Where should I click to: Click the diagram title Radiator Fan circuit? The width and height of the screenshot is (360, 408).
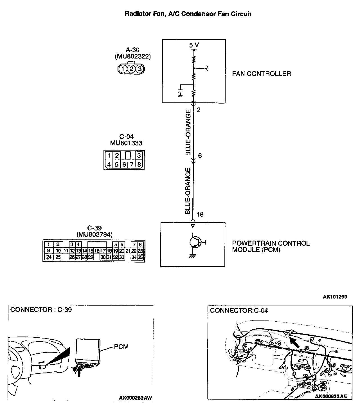(x=188, y=14)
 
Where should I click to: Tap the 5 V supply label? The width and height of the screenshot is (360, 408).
(x=194, y=45)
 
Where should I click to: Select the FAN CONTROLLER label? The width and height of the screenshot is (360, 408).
(x=262, y=74)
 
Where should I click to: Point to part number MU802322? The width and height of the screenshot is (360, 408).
(x=133, y=56)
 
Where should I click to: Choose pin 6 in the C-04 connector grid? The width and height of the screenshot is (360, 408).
(x=124, y=164)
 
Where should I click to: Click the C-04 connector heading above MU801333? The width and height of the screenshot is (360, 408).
(x=126, y=137)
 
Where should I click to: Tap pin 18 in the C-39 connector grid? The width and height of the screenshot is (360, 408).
(x=109, y=251)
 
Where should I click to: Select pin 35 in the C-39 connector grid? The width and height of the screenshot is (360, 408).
(x=140, y=257)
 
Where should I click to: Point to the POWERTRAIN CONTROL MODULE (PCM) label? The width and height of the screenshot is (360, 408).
(x=271, y=246)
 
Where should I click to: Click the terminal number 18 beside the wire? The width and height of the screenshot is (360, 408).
(x=200, y=214)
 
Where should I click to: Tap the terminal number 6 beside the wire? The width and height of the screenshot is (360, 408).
(x=200, y=156)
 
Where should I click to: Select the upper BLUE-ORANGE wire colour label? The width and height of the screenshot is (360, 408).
(x=188, y=133)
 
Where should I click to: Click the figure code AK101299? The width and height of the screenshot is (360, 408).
(x=335, y=297)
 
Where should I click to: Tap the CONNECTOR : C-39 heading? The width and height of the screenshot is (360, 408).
(x=41, y=310)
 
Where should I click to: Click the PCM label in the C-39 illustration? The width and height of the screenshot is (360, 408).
(x=121, y=347)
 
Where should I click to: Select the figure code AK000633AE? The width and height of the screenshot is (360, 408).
(x=331, y=396)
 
